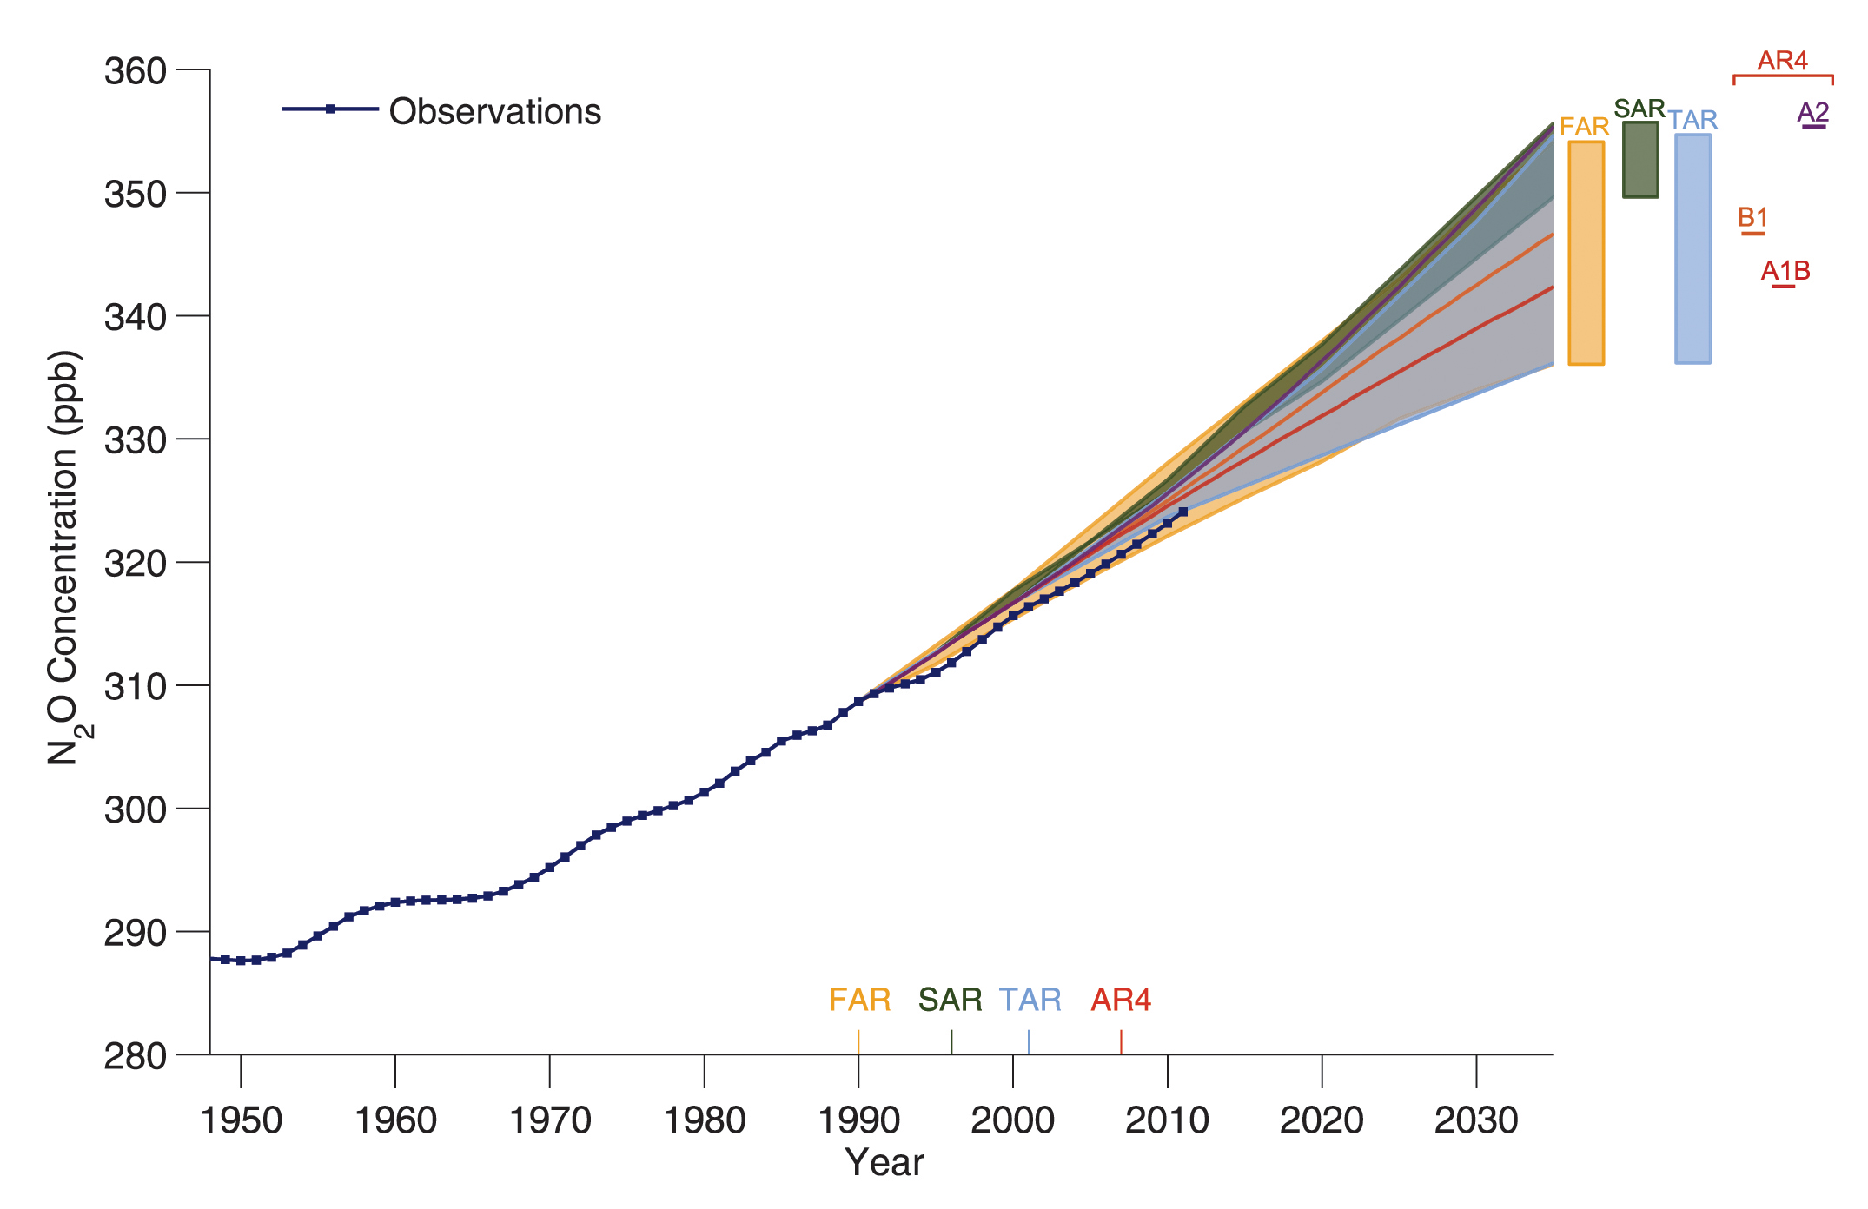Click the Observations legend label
coord(494,112)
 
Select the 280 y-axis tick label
coord(135,1056)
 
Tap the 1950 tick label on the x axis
coord(241,1120)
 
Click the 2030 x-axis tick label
coord(1476,1120)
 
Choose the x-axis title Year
coord(884,1163)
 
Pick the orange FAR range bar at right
coord(1586,253)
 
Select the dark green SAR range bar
coord(1639,160)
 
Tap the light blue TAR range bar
coord(1692,248)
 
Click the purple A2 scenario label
coord(1813,113)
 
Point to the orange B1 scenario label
coord(1752,218)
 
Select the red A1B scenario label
coord(1785,271)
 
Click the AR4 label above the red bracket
coord(1782,61)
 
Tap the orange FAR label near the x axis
coord(859,1001)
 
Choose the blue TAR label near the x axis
coord(1030,1001)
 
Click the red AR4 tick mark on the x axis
coord(1121,1041)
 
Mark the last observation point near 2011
coord(1182,512)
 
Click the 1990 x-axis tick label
coord(858,1120)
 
